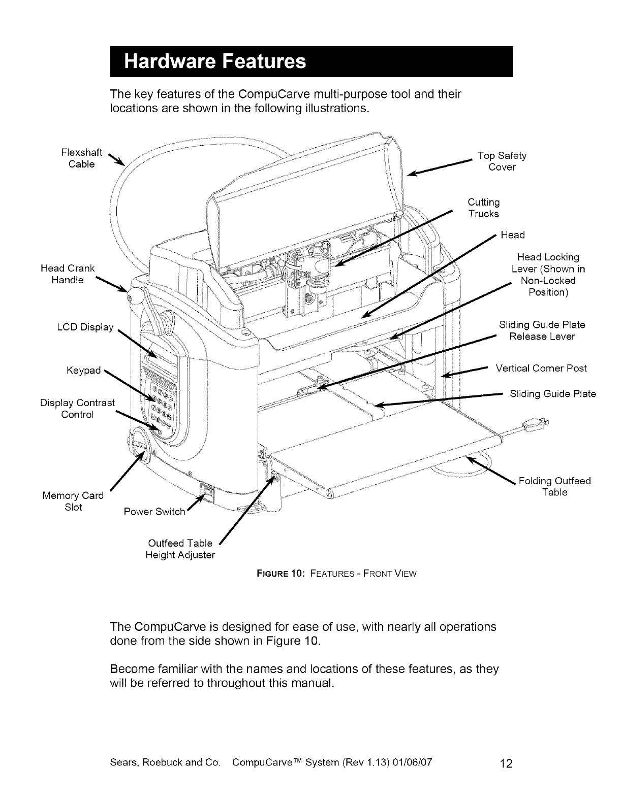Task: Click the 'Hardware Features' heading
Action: pyautogui.click(x=215, y=62)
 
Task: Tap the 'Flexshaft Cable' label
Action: pyautogui.click(x=81, y=158)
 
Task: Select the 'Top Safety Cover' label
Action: pyautogui.click(x=502, y=161)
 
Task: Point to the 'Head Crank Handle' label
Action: pyautogui.click(x=68, y=274)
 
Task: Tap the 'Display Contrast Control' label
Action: pyautogui.click(x=77, y=409)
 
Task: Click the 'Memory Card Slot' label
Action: pyautogui.click(x=73, y=501)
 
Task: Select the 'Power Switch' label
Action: pyautogui.click(x=154, y=512)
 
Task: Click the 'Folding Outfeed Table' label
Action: pyautogui.click(x=554, y=487)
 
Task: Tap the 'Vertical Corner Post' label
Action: pyautogui.click(x=541, y=368)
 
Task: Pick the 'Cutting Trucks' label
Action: pyautogui.click(x=483, y=208)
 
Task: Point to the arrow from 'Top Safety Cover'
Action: pyautogui.click(x=440, y=166)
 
